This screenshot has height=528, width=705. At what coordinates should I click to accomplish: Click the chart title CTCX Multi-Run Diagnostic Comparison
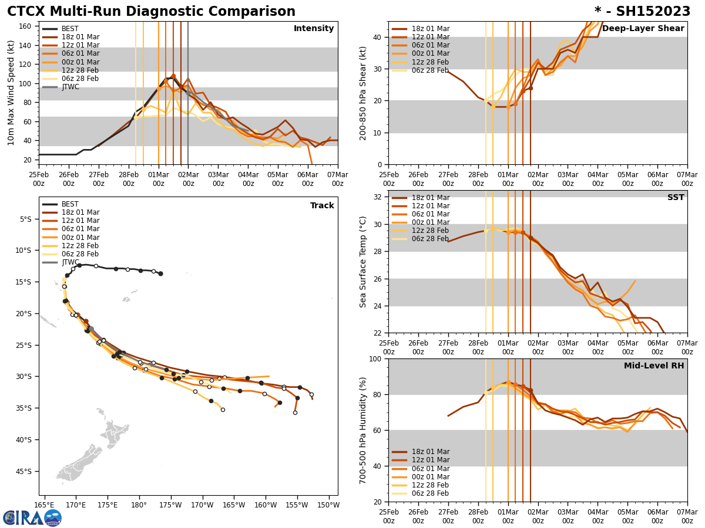(x=151, y=12)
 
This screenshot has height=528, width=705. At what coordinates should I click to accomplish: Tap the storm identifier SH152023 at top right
(x=642, y=12)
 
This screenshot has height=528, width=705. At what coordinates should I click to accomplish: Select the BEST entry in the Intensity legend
(x=70, y=29)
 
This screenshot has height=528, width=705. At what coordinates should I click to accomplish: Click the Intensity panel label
(x=314, y=29)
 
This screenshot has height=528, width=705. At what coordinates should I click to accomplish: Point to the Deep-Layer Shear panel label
(x=643, y=29)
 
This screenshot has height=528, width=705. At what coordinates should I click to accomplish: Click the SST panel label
(x=676, y=198)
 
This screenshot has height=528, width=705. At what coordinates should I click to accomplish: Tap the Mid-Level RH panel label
(x=654, y=366)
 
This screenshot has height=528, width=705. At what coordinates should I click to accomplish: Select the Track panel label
(x=322, y=206)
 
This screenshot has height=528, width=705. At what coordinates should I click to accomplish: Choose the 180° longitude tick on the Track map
(x=139, y=505)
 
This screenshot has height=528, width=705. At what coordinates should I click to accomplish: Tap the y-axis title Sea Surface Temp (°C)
(x=363, y=262)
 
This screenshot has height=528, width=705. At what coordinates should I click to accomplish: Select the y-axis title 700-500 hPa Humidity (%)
(x=363, y=430)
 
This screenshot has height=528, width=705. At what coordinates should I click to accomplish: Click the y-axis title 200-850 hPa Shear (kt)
(x=363, y=93)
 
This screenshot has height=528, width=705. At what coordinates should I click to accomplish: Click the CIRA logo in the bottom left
(x=32, y=517)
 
